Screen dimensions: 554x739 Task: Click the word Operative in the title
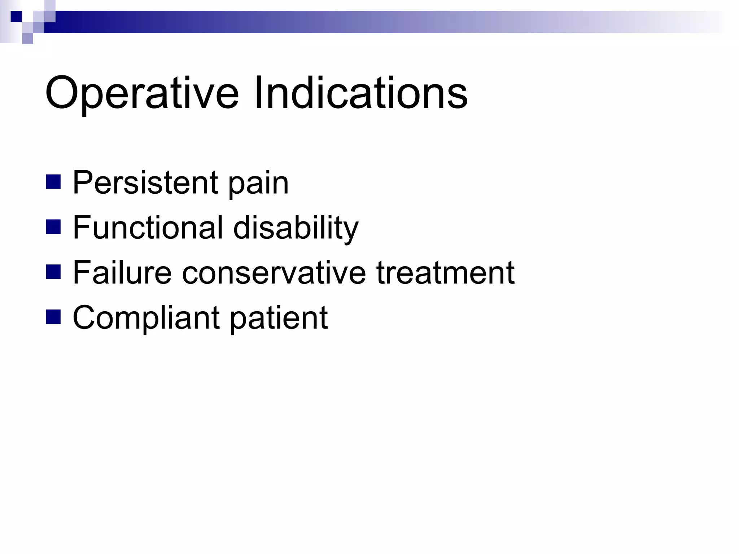tap(141, 93)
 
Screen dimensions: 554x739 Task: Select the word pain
tap(258, 185)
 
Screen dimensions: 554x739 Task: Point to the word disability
tap(296, 229)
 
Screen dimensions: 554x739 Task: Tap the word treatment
tap(445, 273)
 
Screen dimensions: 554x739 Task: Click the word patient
tap(279, 319)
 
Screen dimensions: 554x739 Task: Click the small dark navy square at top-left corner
tap(16, 17)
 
